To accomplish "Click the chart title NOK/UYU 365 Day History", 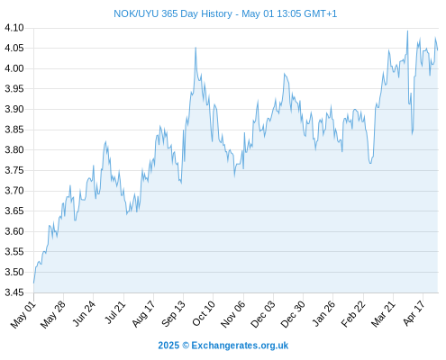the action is (x=173, y=13).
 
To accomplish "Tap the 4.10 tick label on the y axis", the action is (x=14, y=28).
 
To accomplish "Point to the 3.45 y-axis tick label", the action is (x=14, y=292).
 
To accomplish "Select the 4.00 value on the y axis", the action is (x=14, y=68).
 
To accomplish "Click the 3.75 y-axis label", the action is (x=14, y=170).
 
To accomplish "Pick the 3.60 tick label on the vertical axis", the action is (x=14, y=231).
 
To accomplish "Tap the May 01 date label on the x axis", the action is (x=23, y=315).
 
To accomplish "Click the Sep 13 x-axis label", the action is (x=173, y=314).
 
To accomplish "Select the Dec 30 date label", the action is (x=293, y=314).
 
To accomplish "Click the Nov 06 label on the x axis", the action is (x=232, y=314).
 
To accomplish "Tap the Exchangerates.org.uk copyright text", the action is (x=223, y=346).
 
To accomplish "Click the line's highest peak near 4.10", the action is (x=407, y=31).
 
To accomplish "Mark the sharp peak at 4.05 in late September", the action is (x=196, y=48).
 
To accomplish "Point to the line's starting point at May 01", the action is (x=33, y=283).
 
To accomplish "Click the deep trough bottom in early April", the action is (x=413, y=134).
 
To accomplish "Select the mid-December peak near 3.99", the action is (x=284, y=74).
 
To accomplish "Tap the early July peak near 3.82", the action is (x=105, y=141).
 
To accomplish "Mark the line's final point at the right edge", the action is (x=438, y=49).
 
